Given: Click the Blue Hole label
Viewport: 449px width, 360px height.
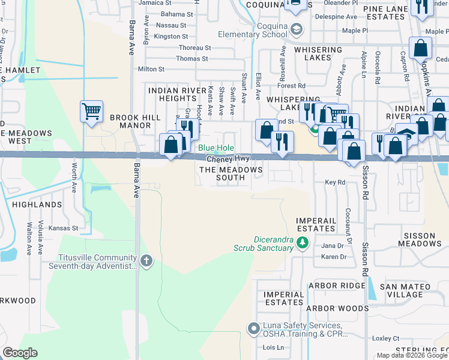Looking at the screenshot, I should click(x=215, y=148).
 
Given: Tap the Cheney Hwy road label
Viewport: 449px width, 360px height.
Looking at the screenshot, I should click(x=228, y=159).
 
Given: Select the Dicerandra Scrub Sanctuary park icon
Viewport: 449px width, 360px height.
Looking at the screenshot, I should click(x=303, y=242).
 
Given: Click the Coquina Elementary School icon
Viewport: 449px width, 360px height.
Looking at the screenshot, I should click(x=296, y=29).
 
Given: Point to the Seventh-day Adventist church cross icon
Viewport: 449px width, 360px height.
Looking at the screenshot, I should click(x=146, y=260).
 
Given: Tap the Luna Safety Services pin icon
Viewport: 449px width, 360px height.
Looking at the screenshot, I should click(x=253, y=328).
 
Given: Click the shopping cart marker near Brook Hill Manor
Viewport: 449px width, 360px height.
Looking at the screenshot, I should click(x=91, y=112).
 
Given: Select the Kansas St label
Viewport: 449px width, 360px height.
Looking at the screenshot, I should click(x=64, y=228).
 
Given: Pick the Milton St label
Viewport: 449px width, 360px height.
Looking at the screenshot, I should click(x=151, y=70).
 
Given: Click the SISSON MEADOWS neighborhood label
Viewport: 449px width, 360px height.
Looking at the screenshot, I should click(x=414, y=240).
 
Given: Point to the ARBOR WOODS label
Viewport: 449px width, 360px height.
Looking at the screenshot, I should click(x=337, y=308).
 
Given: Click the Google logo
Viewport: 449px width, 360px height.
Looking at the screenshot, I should click(x=20, y=353).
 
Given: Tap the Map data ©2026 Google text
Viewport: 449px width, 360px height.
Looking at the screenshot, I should click(x=412, y=355).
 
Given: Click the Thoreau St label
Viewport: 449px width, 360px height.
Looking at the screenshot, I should click(x=194, y=47).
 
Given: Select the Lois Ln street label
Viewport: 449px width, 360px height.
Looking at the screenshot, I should click(x=273, y=347).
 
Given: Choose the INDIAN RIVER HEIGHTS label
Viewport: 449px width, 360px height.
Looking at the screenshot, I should click(x=172, y=94).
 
